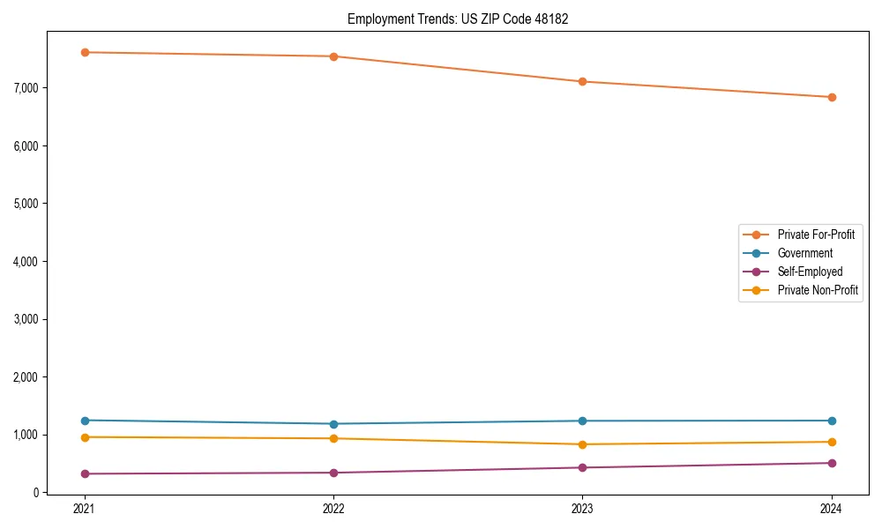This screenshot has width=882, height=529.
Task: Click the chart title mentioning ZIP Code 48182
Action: tap(457, 19)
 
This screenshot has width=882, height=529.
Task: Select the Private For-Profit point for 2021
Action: tap(85, 52)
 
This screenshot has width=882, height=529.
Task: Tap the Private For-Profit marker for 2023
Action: tap(582, 81)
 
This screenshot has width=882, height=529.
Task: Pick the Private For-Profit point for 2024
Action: tap(832, 97)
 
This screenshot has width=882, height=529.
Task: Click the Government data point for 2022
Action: tap(333, 424)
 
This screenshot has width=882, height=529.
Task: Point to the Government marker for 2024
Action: tap(832, 421)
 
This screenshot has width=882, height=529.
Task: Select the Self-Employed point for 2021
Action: tap(85, 473)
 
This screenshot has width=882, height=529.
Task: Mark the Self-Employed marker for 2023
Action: tap(582, 467)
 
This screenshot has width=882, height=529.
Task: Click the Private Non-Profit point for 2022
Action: tap(333, 438)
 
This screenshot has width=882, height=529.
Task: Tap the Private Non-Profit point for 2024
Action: tap(832, 442)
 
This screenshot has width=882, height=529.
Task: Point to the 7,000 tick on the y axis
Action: tap(26, 87)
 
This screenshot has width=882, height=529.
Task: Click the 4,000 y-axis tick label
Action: tap(26, 261)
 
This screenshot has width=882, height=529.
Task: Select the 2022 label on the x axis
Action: tap(333, 509)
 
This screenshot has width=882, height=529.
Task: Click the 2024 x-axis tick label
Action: tap(832, 509)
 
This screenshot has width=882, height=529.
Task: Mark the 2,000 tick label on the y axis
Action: tap(26, 376)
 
